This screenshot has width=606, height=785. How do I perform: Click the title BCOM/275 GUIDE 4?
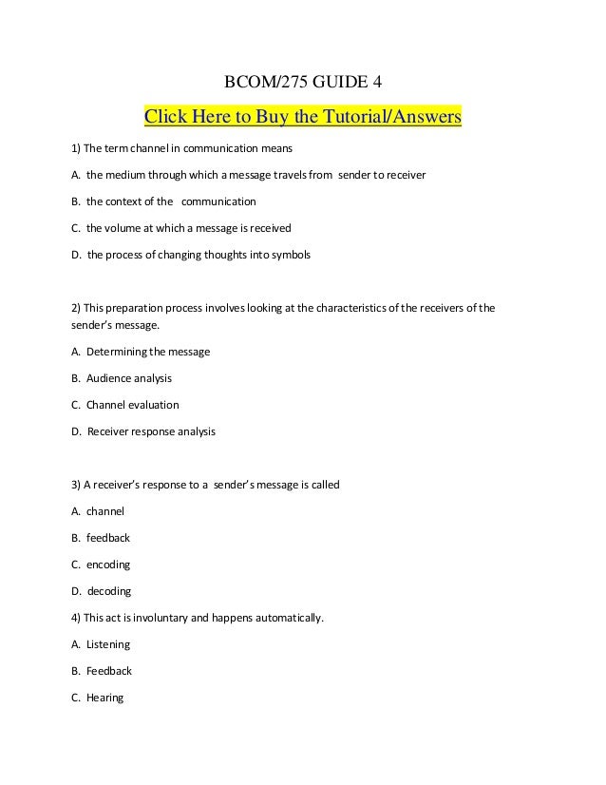[x=303, y=83]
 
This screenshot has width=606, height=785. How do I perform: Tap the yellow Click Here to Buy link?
[x=301, y=118]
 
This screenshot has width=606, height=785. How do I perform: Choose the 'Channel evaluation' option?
[x=124, y=405]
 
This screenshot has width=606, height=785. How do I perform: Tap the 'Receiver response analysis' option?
[x=143, y=431]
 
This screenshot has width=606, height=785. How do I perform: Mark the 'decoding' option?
[x=101, y=591]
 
